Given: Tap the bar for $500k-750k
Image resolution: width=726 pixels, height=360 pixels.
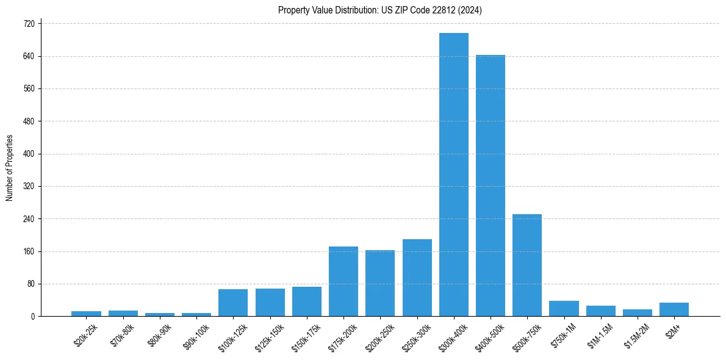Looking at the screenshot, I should (x=527, y=265).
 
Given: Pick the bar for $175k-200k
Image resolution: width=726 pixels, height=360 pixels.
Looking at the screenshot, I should (x=343, y=281).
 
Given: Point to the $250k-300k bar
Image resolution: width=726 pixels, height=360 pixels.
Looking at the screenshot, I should (x=417, y=278).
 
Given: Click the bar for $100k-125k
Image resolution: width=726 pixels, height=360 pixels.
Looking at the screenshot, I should (x=233, y=303).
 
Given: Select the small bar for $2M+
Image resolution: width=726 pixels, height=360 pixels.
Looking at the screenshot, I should (x=674, y=309).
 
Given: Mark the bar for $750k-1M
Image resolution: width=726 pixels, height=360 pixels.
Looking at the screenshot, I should (x=564, y=309).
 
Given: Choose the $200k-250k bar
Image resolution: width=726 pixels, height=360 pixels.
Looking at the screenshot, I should (x=380, y=283).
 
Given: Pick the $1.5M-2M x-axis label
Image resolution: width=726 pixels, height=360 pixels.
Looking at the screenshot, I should (x=636, y=335).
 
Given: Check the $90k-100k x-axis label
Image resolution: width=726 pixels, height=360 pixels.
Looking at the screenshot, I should (x=196, y=335).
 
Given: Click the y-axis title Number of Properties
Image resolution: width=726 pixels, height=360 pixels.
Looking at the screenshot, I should (x=10, y=168).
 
